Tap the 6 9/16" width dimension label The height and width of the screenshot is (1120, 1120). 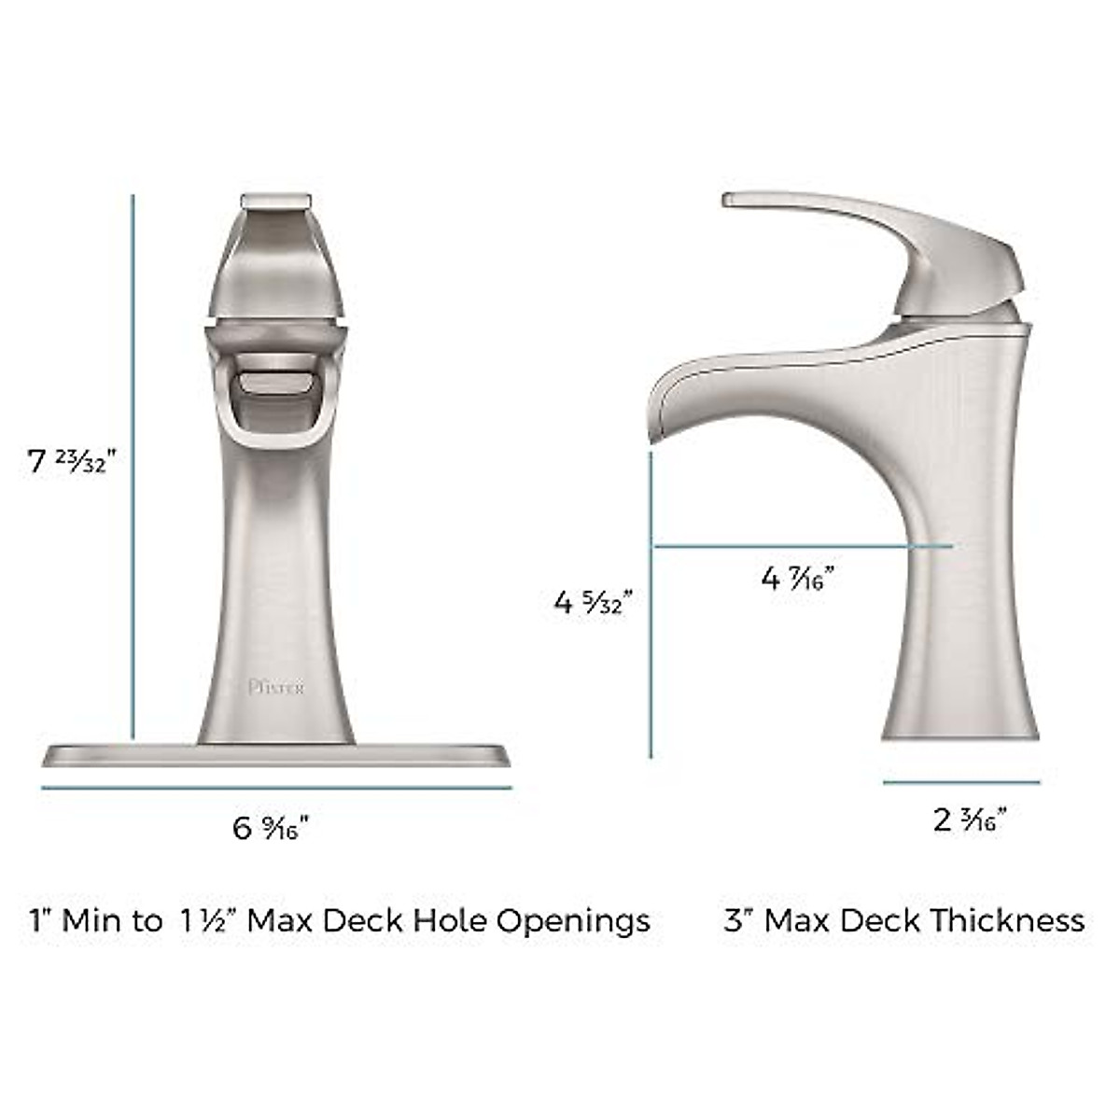(x=271, y=827)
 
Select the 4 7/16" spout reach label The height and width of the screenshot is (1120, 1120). (x=797, y=579)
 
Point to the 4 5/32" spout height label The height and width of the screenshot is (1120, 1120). (x=594, y=602)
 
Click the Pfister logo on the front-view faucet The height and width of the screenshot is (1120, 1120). (x=276, y=688)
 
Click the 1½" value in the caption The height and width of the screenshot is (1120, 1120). (x=205, y=921)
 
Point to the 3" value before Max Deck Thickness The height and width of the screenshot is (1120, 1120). (x=737, y=921)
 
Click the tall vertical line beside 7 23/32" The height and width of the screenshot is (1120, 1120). (x=133, y=467)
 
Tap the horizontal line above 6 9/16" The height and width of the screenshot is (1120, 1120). (x=276, y=788)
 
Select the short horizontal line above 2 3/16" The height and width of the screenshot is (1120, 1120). (x=961, y=782)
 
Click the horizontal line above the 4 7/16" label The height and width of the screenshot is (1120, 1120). (x=803, y=544)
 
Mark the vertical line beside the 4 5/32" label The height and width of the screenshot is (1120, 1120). (x=651, y=607)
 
